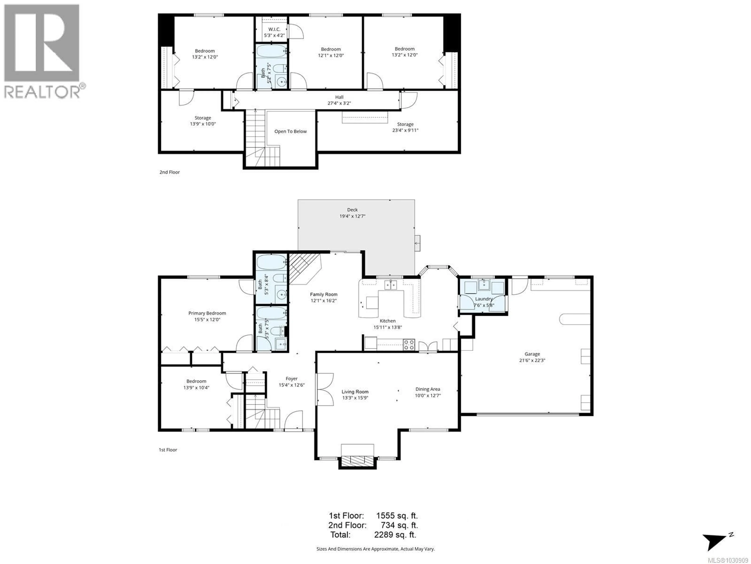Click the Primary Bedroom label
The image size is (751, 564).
click(x=207, y=313)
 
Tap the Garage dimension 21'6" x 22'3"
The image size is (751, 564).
click(x=532, y=360)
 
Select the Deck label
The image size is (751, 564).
click(x=352, y=210)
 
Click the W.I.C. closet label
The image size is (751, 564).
click(x=274, y=29)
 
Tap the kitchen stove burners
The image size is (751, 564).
click(x=409, y=345)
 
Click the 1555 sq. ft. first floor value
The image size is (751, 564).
click(x=397, y=515)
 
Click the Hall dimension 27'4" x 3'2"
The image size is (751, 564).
click(x=339, y=103)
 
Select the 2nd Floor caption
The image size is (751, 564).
click(x=170, y=172)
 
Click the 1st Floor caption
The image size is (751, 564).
click(x=168, y=450)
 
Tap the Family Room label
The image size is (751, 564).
click(x=323, y=294)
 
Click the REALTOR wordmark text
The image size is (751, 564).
click(x=42, y=92)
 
